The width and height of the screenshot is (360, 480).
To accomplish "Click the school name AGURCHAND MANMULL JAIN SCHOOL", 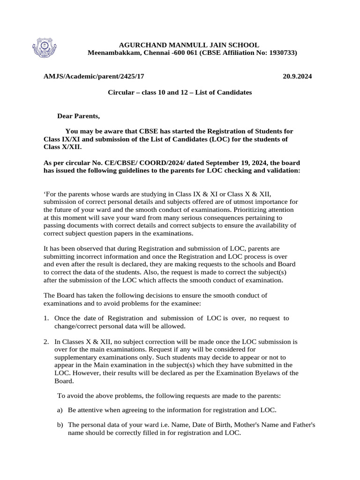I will click(188, 45).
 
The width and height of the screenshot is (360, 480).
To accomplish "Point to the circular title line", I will click(180, 92).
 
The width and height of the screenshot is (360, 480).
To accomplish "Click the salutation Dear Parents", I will click(79, 116).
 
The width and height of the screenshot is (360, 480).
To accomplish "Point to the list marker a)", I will click(60, 410).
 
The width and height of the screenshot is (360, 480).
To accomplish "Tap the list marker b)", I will click(60, 425).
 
